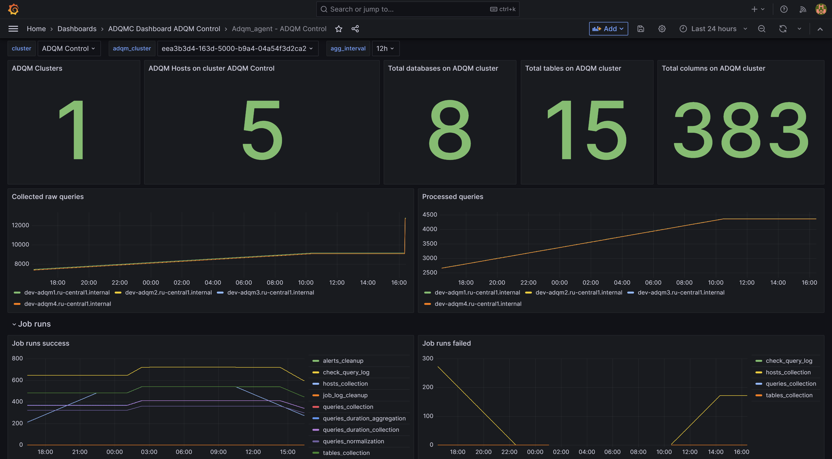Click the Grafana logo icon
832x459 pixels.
(13, 9)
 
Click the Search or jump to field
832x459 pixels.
(407, 9)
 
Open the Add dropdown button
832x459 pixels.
(608, 29)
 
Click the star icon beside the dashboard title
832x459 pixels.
(338, 29)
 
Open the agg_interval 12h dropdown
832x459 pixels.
(385, 48)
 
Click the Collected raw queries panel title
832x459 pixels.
(48, 196)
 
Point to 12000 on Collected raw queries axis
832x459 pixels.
(20, 225)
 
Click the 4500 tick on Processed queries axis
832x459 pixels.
(430, 214)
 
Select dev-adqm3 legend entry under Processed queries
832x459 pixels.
(681, 293)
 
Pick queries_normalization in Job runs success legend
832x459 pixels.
(353, 441)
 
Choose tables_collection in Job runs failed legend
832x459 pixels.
(789, 395)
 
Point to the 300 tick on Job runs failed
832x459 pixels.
(428, 358)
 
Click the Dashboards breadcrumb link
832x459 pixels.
(77, 29)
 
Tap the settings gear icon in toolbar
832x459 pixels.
(662, 29)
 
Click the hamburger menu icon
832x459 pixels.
(13, 29)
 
